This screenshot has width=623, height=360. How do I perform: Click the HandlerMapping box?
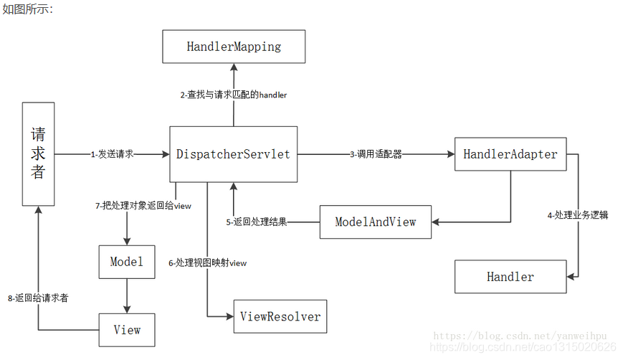(x=234, y=47)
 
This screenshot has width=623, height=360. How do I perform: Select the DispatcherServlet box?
(x=233, y=154)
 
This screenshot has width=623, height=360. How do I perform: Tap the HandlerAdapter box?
(x=510, y=154)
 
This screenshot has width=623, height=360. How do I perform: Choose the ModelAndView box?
(x=375, y=222)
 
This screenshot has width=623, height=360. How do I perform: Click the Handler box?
(x=510, y=277)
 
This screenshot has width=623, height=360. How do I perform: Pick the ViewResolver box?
(x=280, y=316)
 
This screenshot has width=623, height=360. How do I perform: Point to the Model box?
(x=126, y=262)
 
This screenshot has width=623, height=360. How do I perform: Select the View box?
(x=126, y=331)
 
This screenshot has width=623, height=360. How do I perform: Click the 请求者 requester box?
(x=38, y=153)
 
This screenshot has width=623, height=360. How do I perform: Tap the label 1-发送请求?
(x=112, y=154)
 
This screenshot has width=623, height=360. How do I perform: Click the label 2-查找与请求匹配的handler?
(x=233, y=95)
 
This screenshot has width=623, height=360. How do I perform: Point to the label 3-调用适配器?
(x=376, y=154)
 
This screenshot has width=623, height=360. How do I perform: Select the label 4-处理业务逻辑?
(x=578, y=214)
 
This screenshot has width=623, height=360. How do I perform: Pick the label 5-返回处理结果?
(x=256, y=222)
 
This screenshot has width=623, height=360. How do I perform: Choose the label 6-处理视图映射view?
(x=207, y=263)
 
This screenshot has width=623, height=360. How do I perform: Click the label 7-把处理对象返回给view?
(x=143, y=206)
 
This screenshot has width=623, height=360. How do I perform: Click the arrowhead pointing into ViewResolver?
(x=229, y=316)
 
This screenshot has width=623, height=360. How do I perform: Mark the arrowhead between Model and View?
(x=126, y=308)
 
